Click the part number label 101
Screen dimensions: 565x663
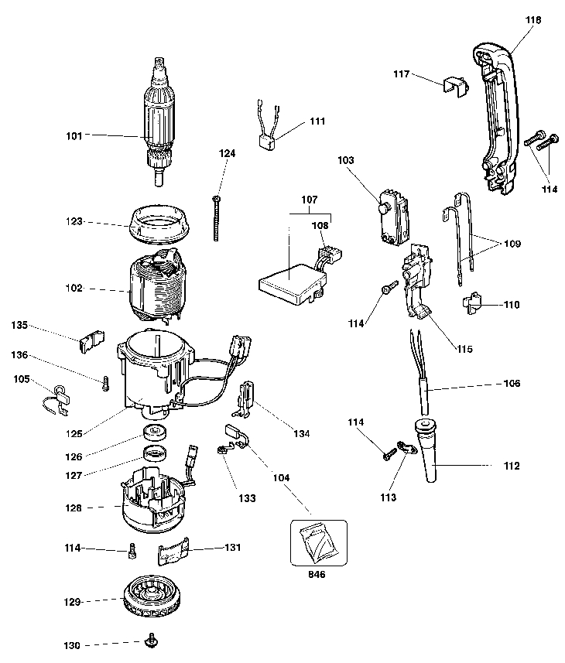click(x=74, y=136)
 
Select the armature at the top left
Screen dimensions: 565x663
click(x=159, y=121)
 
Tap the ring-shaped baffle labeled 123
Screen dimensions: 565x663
click(x=159, y=224)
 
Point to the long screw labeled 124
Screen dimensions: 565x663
click(x=217, y=218)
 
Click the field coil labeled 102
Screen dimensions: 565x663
click(x=157, y=287)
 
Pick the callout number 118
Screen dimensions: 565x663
click(x=533, y=20)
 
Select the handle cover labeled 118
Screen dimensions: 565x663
click(x=495, y=119)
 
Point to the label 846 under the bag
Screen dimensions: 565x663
click(x=317, y=574)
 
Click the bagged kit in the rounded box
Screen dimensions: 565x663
click(x=319, y=543)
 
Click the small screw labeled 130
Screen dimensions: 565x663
click(x=151, y=642)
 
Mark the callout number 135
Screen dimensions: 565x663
click(x=19, y=325)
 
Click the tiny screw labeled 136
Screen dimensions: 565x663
click(x=106, y=384)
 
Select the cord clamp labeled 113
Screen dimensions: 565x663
click(x=406, y=447)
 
